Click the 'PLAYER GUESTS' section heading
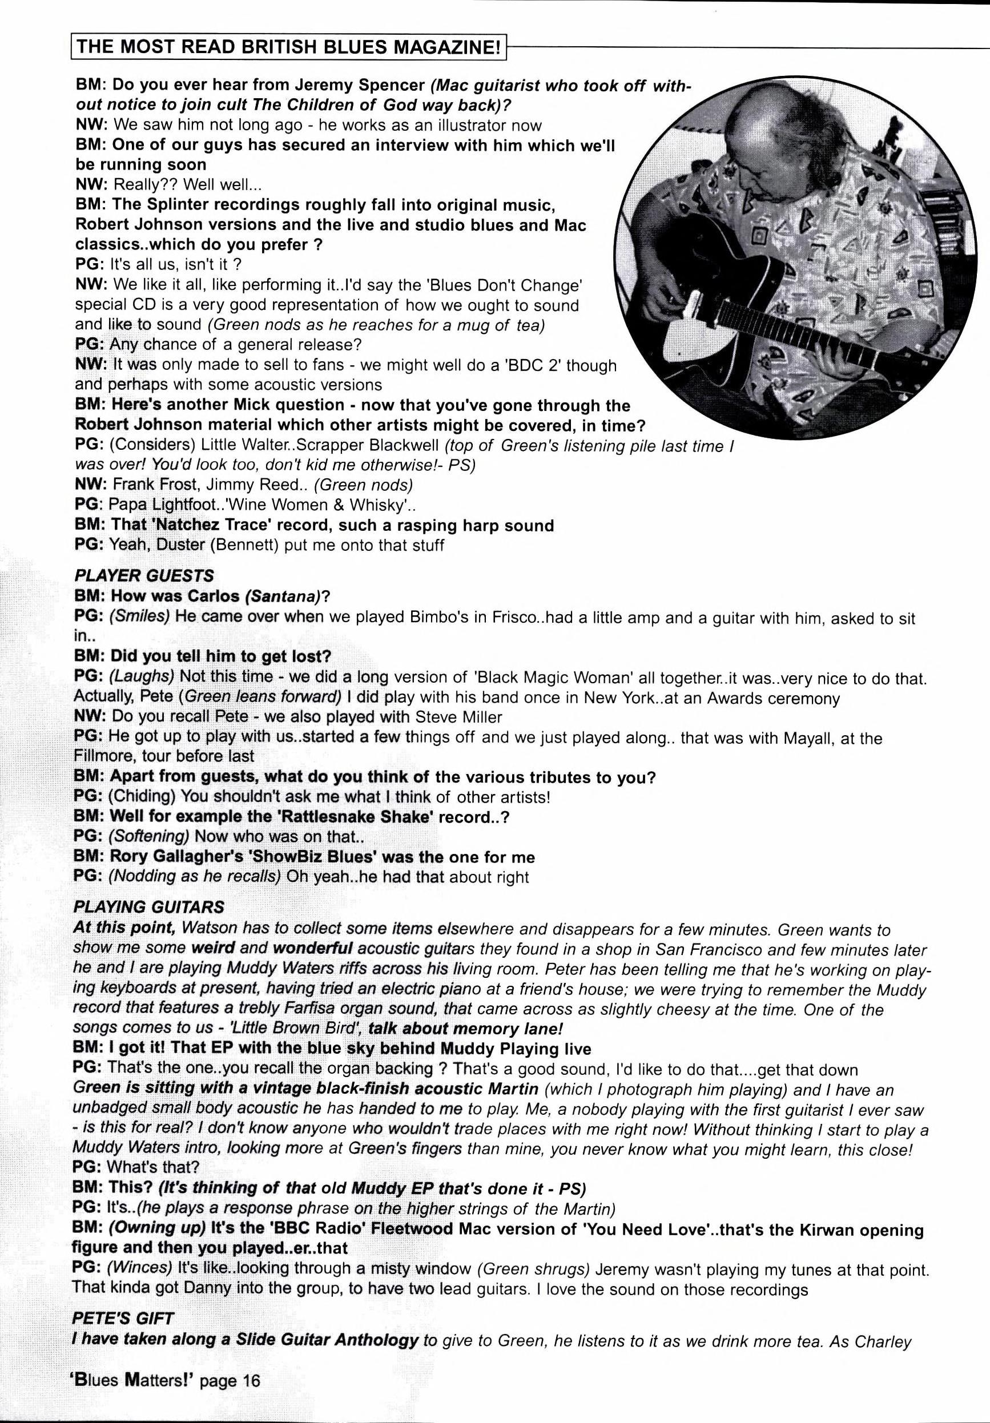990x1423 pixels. click(x=143, y=577)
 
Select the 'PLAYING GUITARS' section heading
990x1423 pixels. click(x=148, y=908)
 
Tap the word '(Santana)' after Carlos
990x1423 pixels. click(x=283, y=596)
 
